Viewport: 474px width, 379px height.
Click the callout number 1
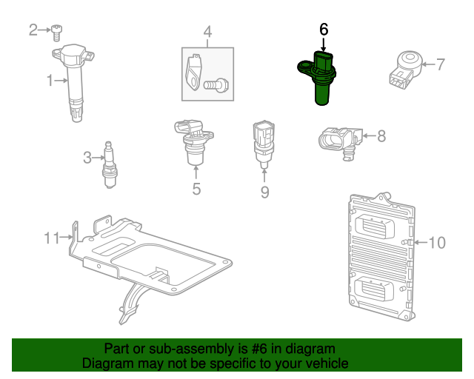coord(50,80)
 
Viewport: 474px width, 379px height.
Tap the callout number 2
coord(33,30)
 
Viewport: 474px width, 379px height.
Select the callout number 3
coord(87,157)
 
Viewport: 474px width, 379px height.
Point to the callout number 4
coord(207,32)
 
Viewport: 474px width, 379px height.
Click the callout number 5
coord(196,189)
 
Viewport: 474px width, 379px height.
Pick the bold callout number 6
coord(323,30)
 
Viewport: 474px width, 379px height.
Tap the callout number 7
coord(440,64)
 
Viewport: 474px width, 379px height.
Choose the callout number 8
coord(381,135)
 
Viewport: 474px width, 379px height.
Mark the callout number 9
coord(264,192)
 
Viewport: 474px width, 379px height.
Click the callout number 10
coord(437,242)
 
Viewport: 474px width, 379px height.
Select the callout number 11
coord(51,238)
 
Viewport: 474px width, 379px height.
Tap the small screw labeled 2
coord(56,31)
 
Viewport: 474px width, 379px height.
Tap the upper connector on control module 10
coord(378,225)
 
